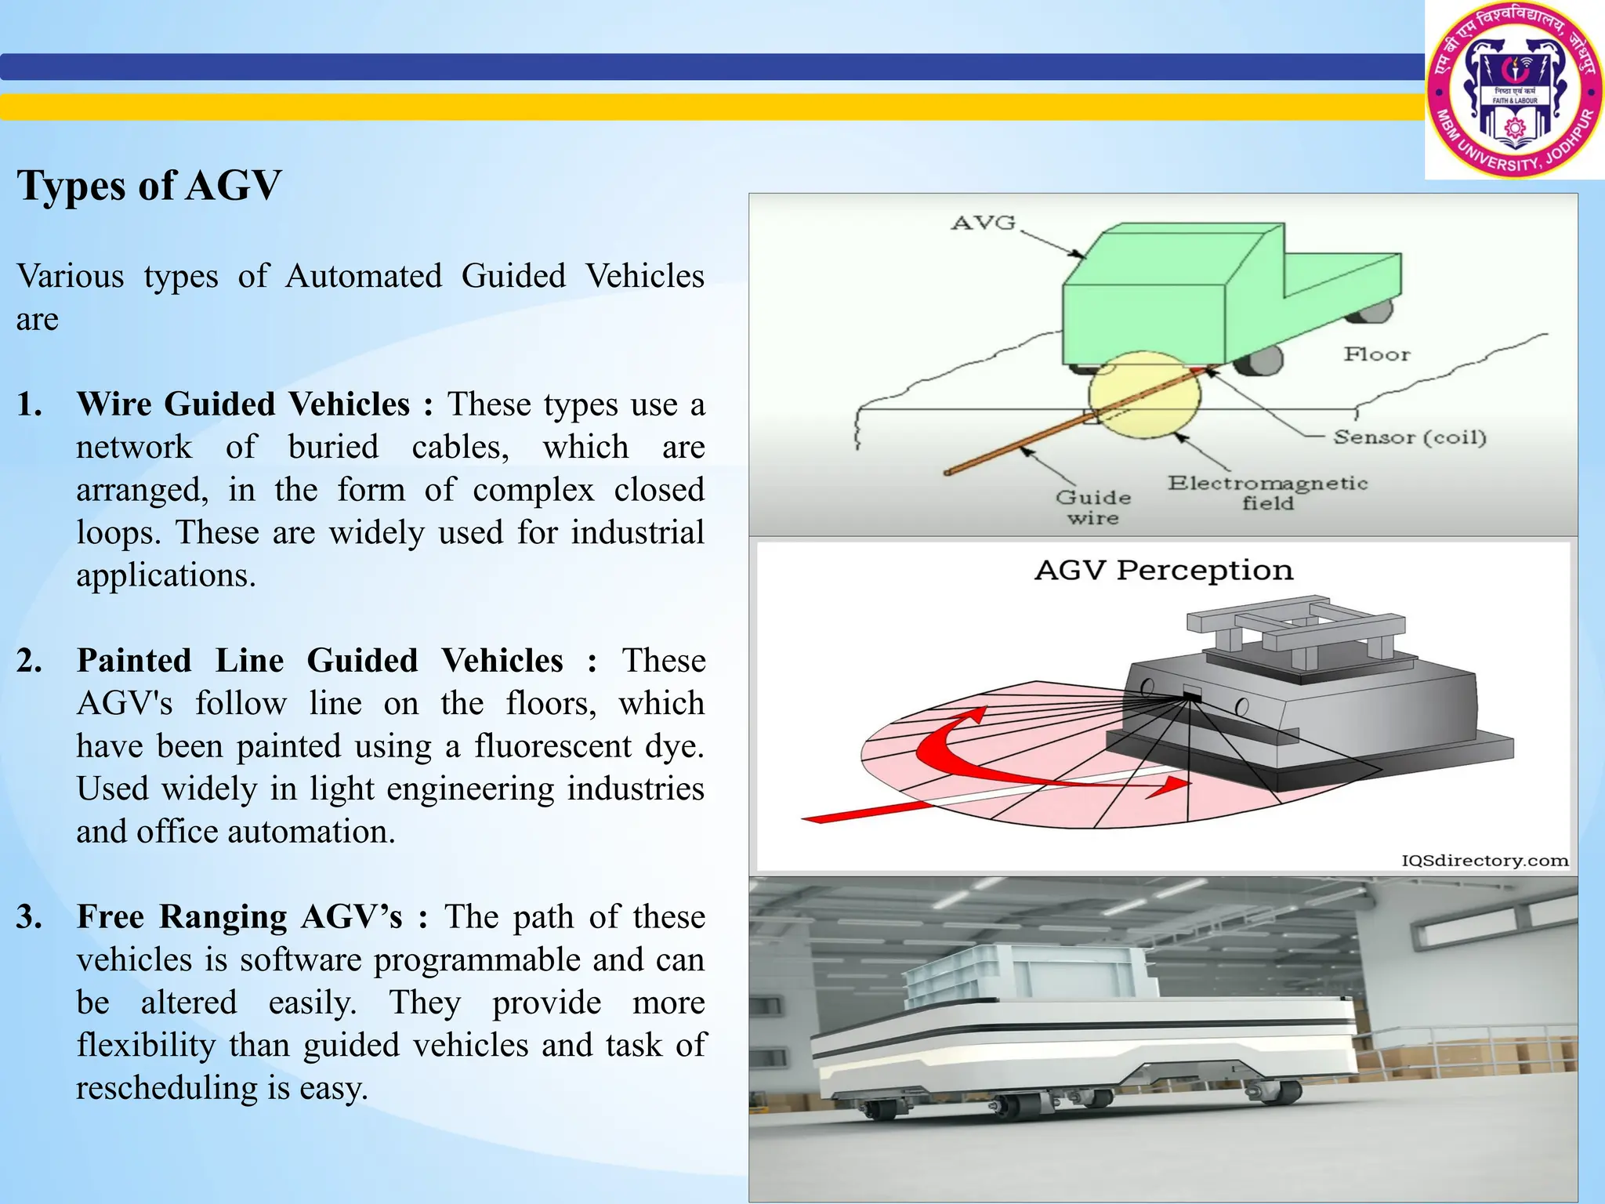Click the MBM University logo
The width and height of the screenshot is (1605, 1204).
click(1514, 89)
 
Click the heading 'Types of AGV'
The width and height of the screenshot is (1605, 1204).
click(149, 187)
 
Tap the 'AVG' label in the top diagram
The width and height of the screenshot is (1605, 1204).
click(983, 223)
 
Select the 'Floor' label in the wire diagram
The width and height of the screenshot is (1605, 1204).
click(1377, 354)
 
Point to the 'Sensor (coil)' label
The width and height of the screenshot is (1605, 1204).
click(1409, 437)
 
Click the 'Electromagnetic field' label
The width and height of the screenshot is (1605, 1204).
click(1267, 492)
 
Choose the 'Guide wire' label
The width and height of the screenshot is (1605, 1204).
click(1092, 507)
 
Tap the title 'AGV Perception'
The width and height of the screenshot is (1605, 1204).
click(1163, 570)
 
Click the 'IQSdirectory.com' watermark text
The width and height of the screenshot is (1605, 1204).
click(1484, 861)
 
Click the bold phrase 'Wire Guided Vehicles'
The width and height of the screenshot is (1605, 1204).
click(243, 404)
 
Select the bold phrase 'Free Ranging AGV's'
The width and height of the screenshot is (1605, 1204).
click(239, 917)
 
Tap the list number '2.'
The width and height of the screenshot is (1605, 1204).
click(30, 661)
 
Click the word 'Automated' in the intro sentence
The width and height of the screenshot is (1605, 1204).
click(364, 277)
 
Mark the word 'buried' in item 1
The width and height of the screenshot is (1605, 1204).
click(333, 447)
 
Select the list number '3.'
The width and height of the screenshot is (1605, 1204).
click(30, 917)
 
